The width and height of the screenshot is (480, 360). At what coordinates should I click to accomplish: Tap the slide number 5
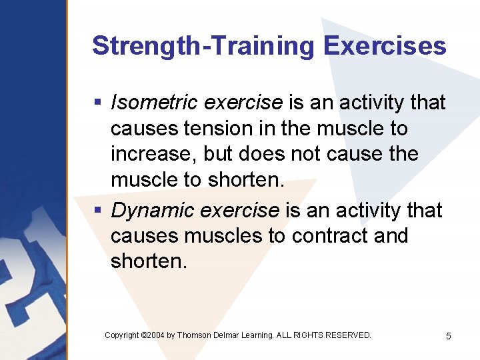pyautogui.click(x=448, y=336)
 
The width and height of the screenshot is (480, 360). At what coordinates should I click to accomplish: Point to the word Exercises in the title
pyautogui.click(x=385, y=46)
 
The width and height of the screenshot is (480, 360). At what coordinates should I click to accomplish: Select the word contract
pyautogui.click(x=323, y=236)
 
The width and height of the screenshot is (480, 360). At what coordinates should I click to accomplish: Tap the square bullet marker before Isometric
pyautogui.click(x=97, y=103)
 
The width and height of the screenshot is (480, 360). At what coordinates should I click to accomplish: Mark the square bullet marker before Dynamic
pyautogui.click(x=97, y=211)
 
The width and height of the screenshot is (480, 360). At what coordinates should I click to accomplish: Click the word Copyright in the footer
pyautogui.click(x=122, y=335)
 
